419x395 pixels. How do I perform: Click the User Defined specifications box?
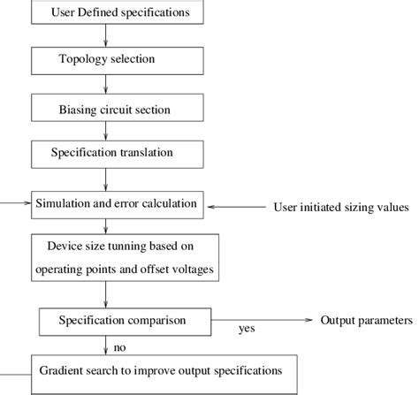tap(106, 11)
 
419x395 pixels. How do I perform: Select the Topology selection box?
tap(106, 59)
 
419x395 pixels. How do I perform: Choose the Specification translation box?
tap(106, 154)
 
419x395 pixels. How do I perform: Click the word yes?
tap(247, 330)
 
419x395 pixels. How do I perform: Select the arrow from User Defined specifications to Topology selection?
tap(106, 34)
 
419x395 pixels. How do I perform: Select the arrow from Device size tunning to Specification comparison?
tap(106, 293)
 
